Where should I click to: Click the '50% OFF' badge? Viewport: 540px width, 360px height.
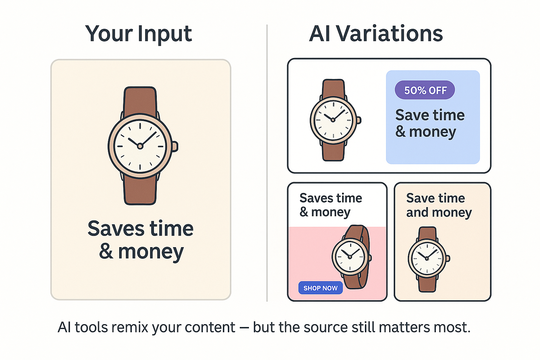[425, 90]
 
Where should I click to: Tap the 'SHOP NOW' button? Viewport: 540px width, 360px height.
[320, 288]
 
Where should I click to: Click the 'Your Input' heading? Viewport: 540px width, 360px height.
[139, 34]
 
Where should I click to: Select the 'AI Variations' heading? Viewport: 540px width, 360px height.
[375, 34]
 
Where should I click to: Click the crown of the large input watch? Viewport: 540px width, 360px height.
[175, 146]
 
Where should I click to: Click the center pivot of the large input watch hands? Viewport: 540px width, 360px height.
[140, 146]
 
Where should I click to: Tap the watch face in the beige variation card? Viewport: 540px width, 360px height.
[427, 258]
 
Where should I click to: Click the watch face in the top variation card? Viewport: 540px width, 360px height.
[333, 120]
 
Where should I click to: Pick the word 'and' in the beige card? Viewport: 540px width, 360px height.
[417, 212]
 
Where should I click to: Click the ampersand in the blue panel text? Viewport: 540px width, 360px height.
[400, 131]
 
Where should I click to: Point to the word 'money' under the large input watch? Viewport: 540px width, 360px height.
[151, 252]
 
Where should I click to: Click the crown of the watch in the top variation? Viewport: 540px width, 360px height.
[359, 120]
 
